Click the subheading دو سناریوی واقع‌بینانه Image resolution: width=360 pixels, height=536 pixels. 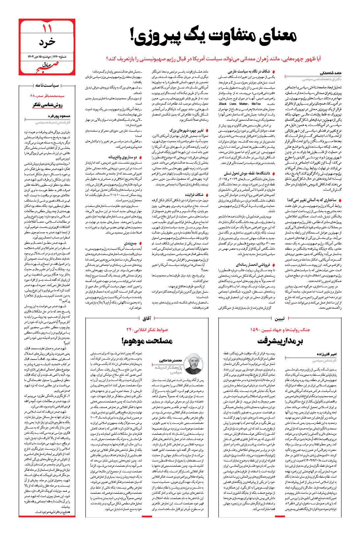122,157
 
